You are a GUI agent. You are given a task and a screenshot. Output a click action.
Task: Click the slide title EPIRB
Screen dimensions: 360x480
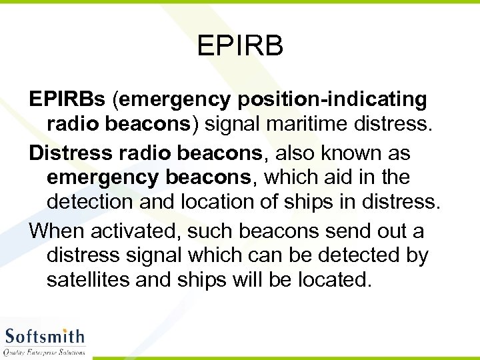pos(240,47)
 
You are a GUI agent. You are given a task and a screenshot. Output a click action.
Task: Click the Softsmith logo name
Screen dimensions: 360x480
pos(45,336)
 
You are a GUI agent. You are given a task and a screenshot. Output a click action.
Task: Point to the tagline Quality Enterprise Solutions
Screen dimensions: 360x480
pos(45,351)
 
